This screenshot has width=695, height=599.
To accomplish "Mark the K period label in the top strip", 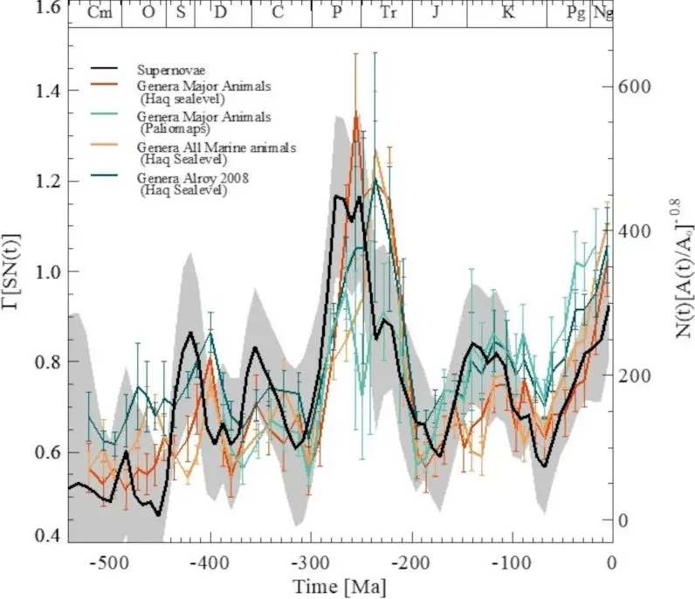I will (507, 14).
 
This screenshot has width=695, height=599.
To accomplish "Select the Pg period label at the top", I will (575, 14).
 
